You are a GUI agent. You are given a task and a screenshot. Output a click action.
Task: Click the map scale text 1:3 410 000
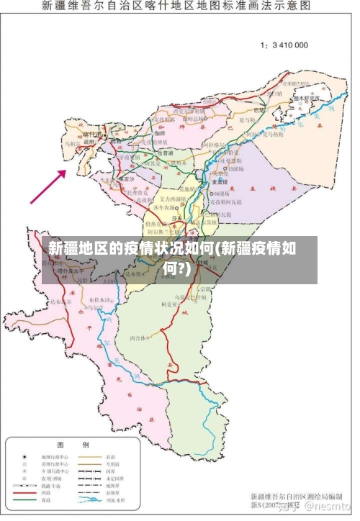click(284, 45)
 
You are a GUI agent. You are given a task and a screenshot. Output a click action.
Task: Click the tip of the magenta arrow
click(66, 171)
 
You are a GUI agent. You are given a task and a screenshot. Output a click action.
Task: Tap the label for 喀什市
click(92, 134)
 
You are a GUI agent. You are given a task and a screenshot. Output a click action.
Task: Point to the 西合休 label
click(138, 337)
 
